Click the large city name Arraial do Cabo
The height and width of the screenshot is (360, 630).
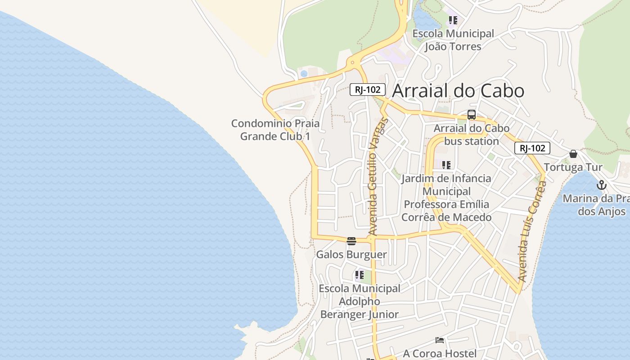[x=458, y=91]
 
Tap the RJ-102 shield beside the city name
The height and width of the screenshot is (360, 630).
[x=368, y=90]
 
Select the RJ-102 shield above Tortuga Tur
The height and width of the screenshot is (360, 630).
[x=532, y=148]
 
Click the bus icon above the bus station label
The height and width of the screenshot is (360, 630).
[x=471, y=115]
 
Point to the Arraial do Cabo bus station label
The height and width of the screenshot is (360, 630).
[x=471, y=135]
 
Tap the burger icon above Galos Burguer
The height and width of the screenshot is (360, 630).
[x=351, y=241]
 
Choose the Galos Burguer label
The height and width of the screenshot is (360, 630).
[x=351, y=255]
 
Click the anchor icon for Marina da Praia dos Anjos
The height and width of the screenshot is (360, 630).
[x=602, y=185]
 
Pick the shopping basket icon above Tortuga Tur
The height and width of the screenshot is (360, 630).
[x=573, y=154]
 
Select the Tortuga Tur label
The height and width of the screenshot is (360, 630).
[x=573, y=167]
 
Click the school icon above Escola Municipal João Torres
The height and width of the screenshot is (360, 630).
[x=453, y=20]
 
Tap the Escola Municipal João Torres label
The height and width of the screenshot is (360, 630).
[x=453, y=40]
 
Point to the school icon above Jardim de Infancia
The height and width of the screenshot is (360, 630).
[x=446, y=165]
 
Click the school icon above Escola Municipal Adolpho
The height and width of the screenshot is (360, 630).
[x=359, y=274]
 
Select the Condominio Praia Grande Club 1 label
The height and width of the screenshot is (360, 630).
[x=275, y=130]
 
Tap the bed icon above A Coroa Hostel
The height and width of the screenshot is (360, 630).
[x=440, y=340]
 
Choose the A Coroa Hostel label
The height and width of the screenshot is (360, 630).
[x=439, y=353]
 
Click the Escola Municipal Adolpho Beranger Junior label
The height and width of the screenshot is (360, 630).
[x=359, y=301]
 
